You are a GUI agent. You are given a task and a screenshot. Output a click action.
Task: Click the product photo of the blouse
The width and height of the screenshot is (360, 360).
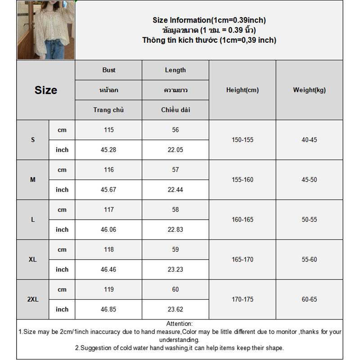click(x=46, y=31)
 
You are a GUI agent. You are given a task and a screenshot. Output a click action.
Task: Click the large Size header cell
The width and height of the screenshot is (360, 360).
click(x=46, y=90)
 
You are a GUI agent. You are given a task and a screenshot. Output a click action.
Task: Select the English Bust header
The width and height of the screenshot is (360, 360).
click(x=108, y=70)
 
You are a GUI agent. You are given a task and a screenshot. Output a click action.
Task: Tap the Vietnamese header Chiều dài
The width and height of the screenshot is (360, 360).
click(x=175, y=110)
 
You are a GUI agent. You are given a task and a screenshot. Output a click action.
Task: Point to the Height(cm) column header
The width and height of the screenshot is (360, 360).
click(x=243, y=90)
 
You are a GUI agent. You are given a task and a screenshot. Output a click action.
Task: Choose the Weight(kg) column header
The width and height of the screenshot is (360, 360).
click(x=309, y=90)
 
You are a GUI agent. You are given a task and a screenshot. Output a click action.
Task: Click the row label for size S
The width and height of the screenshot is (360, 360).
click(x=33, y=140)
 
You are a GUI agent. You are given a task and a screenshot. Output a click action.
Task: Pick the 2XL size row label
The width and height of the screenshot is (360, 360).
click(x=33, y=299)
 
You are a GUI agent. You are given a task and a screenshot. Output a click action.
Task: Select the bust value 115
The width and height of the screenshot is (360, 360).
click(x=108, y=130)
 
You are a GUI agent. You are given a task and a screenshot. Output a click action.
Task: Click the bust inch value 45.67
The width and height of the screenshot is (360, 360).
click(x=108, y=190)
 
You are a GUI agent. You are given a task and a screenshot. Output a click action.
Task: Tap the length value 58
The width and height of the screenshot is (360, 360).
click(x=175, y=210)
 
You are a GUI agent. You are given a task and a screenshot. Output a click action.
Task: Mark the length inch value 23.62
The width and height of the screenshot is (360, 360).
click(x=175, y=310)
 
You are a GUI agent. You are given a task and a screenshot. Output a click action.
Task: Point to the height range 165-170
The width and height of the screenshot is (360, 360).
click(x=243, y=260)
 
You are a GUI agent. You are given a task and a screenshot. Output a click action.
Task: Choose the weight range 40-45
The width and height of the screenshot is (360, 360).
click(x=309, y=140)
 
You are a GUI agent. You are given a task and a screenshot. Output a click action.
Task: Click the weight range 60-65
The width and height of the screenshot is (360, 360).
click(x=309, y=299)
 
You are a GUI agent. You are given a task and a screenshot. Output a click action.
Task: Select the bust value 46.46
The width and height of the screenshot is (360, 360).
click(x=108, y=270)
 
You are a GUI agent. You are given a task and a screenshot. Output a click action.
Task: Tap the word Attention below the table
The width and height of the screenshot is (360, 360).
click(x=179, y=324)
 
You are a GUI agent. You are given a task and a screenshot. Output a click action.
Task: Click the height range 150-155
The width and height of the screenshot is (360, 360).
click(x=243, y=140)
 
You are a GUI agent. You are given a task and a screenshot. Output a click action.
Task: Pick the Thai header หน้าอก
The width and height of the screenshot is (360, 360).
click(x=108, y=90)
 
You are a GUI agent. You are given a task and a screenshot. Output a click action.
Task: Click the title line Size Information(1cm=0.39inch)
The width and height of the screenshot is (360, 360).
click(x=209, y=20)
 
